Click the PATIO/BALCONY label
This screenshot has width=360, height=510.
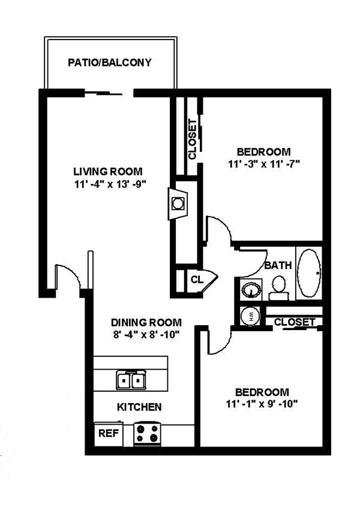point(109,62)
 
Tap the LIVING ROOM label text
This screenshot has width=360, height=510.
point(109,171)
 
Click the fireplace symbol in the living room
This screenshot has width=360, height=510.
point(178,203)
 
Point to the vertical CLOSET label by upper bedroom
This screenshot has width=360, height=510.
point(192,139)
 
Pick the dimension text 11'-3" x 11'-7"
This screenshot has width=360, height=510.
point(263,163)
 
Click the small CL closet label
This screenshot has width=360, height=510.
point(196,279)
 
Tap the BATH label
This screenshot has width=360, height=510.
point(278,265)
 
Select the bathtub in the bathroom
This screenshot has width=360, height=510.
point(310,273)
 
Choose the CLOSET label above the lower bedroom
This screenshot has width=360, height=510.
point(294,322)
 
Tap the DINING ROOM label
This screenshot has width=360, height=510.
point(146,322)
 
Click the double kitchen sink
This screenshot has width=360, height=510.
point(131,380)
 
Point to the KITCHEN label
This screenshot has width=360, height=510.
point(139,407)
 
